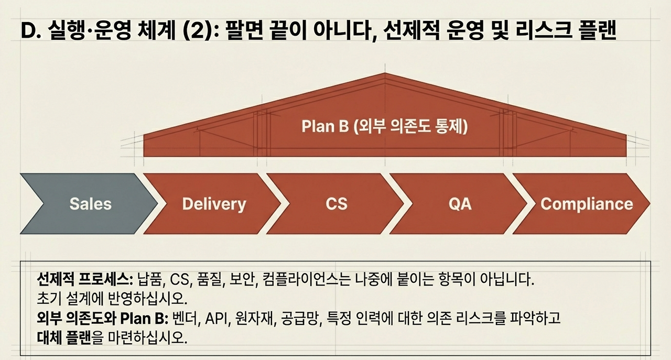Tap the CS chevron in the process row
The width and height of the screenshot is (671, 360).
pyautogui.click(x=336, y=203)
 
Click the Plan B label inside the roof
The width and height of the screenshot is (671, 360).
pyautogui.click(x=384, y=127)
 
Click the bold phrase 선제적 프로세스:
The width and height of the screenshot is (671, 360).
pyautogui.click(x=86, y=278)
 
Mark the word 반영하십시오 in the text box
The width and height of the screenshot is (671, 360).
pyautogui.click(x=153, y=299)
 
